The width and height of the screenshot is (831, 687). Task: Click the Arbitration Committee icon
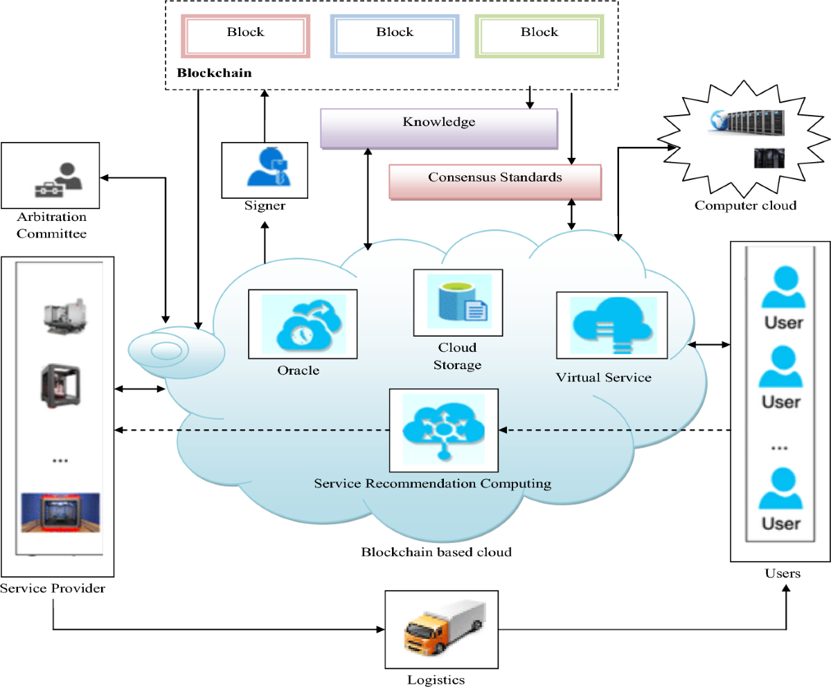[59, 179]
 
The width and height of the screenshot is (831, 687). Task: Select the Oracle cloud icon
[303, 323]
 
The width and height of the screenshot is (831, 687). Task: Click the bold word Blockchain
[215, 73]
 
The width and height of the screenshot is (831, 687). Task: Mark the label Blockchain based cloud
[436, 552]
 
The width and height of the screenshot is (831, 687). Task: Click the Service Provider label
[53, 588]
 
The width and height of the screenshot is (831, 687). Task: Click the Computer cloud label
[745, 205]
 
